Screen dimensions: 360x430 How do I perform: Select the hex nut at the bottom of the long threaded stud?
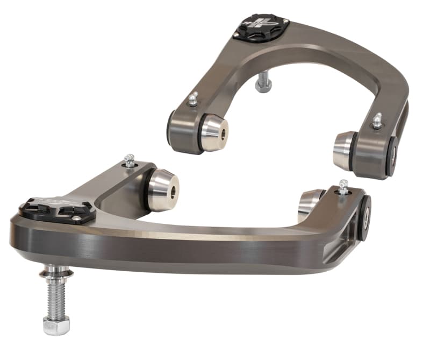click(x=56, y=325)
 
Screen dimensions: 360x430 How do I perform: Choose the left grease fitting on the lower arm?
click(x=129, y=160)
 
